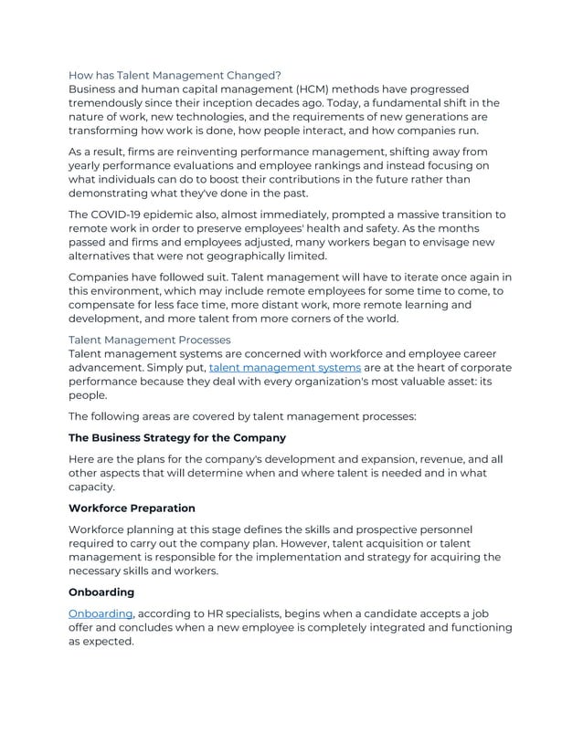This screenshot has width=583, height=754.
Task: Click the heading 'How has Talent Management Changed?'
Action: coord(175,74)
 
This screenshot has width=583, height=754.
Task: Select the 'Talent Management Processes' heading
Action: coord(151,340)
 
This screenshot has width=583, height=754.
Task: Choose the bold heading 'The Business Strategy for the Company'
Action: coord(177,438)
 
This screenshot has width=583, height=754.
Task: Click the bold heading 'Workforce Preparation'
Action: coord(132,508)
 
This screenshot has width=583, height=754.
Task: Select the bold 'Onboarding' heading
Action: coord(101,592)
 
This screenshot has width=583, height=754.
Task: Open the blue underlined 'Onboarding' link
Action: coord(101,613)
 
